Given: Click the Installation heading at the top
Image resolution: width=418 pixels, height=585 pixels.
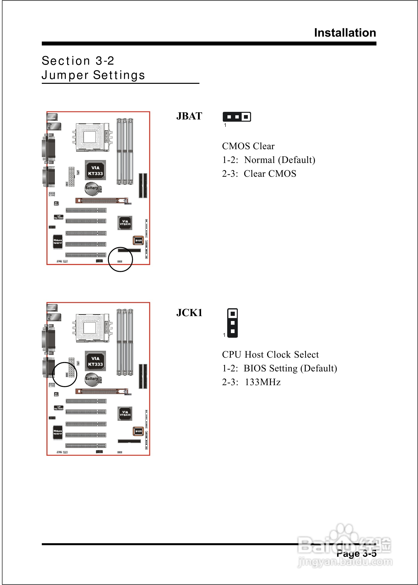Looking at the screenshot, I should [345, 33].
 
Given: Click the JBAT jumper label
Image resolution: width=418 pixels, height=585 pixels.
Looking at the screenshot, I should [189, 116].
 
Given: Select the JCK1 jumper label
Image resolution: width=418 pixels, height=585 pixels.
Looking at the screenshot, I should [189, 313].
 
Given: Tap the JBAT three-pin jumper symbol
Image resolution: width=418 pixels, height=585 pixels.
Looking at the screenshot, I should [237, 117].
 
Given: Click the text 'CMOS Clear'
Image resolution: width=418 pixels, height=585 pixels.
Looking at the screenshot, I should [248, 146].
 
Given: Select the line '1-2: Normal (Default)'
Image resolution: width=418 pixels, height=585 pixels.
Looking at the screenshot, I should [269, 160].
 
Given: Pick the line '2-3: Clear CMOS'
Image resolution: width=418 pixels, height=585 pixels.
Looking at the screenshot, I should [259, 174].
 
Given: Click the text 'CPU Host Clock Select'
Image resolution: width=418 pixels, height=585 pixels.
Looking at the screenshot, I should [270, 354].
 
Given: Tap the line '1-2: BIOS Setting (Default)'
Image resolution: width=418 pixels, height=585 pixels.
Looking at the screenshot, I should [279, 368].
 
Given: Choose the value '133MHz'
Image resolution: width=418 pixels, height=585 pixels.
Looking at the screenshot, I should [263, 382].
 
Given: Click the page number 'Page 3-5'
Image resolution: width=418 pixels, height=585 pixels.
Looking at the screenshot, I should [356, 553].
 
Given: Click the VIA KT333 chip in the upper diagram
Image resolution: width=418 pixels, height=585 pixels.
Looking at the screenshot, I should [95, 170].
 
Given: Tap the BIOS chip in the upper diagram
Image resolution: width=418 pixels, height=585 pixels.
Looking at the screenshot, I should [138, 240].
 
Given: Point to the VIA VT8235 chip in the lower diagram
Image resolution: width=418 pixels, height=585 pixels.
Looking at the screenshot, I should [125, 413].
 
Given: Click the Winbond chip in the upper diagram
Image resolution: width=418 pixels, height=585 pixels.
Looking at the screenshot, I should [58, 242].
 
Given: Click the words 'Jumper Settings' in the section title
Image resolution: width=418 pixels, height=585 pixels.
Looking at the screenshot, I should [93, 75].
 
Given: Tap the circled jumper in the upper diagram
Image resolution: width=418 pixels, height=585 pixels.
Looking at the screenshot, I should [120, 261].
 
